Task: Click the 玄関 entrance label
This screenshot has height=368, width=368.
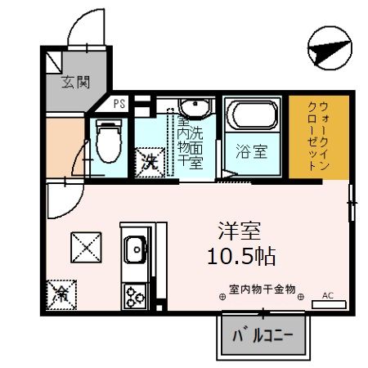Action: (74, 82)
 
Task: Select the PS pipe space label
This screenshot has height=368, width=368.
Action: (119, 104)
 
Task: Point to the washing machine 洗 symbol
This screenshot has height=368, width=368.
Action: (150, 159)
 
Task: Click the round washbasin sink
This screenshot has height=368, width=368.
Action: (195, 110)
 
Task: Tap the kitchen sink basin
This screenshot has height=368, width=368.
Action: (134, 246)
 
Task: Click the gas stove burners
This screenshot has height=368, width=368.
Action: (133, 295)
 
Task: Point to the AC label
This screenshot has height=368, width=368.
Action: (329, 295)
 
